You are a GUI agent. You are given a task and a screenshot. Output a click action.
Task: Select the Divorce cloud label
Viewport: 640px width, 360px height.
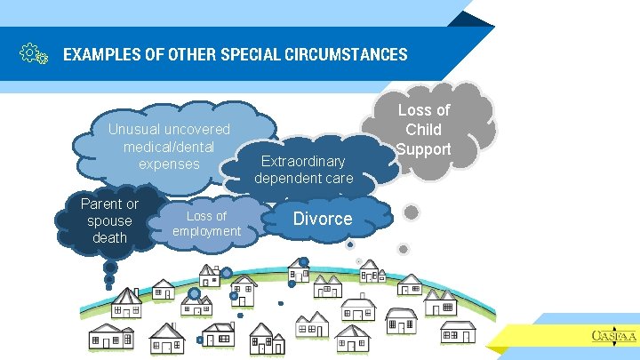coord(323,219)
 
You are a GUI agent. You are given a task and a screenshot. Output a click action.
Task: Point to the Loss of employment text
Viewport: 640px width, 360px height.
coord(206,224)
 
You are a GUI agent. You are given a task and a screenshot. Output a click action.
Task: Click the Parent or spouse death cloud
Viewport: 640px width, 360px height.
coord(108,221)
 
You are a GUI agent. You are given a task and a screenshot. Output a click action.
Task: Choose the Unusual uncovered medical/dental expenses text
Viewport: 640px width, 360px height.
coord(169,147)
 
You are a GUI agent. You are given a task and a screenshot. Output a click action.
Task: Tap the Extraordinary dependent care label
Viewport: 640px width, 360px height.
coord(303,170)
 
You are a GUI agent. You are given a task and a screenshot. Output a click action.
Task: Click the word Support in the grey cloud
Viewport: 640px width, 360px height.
coord(424,148)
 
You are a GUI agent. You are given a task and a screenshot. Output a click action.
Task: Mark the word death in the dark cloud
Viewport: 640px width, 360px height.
coord(109,237)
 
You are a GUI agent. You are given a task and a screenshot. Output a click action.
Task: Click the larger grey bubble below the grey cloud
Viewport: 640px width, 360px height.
coord(412,212)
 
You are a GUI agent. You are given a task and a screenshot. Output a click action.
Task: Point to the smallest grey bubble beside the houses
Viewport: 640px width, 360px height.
coord(403,249)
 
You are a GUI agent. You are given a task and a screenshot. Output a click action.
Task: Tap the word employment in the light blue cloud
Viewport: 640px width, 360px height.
coord(206,231)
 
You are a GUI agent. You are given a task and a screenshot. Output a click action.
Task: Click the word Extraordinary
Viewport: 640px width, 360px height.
coord(303,162)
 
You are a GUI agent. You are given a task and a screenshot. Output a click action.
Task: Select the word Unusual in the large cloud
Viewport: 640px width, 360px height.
coord(134,130)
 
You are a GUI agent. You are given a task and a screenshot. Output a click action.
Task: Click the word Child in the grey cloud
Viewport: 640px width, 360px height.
coord(424,129)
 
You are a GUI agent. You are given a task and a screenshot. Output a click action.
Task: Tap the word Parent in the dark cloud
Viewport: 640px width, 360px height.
coord(109,204)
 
